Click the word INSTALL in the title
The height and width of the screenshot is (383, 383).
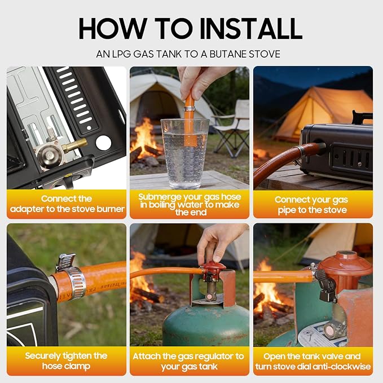point(251,28)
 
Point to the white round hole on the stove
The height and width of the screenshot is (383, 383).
point(104,143)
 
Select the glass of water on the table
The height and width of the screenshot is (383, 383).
point(185,153)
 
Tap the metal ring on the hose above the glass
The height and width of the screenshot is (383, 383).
point(190,108)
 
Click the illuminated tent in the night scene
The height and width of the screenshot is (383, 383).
point(323,115)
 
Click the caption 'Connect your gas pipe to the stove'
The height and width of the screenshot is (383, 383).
point(312,205)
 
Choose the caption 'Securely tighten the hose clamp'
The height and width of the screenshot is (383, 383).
point(66,361)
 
